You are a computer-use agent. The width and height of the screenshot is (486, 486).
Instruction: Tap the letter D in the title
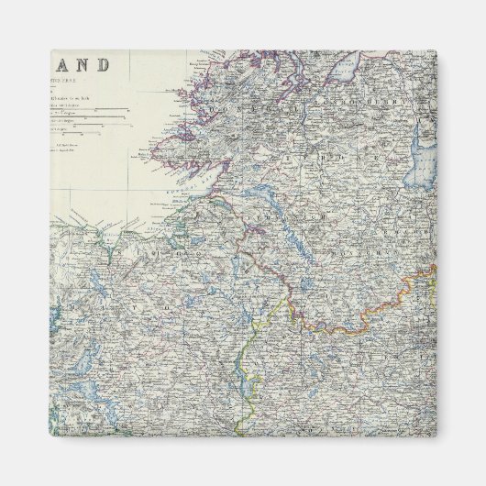coord(103,66)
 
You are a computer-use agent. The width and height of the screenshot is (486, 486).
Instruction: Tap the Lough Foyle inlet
coord(346,64)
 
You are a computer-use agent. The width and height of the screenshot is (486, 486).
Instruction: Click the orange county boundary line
coord(367,316)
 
